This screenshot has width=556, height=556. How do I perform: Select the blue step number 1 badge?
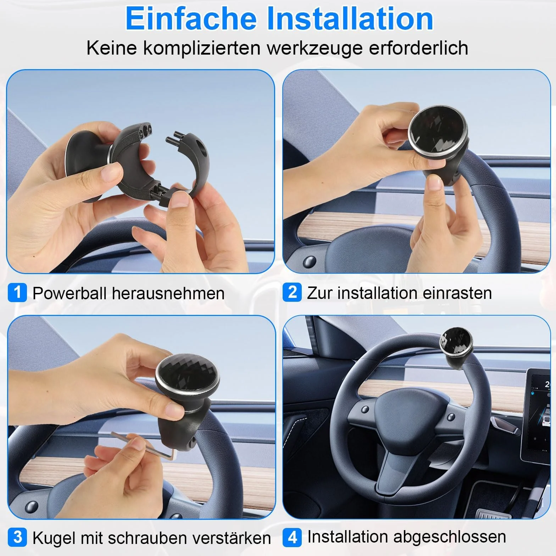(x=17, y=293)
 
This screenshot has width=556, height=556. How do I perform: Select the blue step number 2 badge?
(x=292, y=292)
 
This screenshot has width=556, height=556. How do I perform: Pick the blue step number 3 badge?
(x=17, y=537)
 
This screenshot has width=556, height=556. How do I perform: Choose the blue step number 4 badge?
(x=292, y=537)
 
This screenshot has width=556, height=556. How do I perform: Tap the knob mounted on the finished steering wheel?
(x=456, y=349)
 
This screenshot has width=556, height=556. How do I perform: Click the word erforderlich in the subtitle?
(x=418, y=48)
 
